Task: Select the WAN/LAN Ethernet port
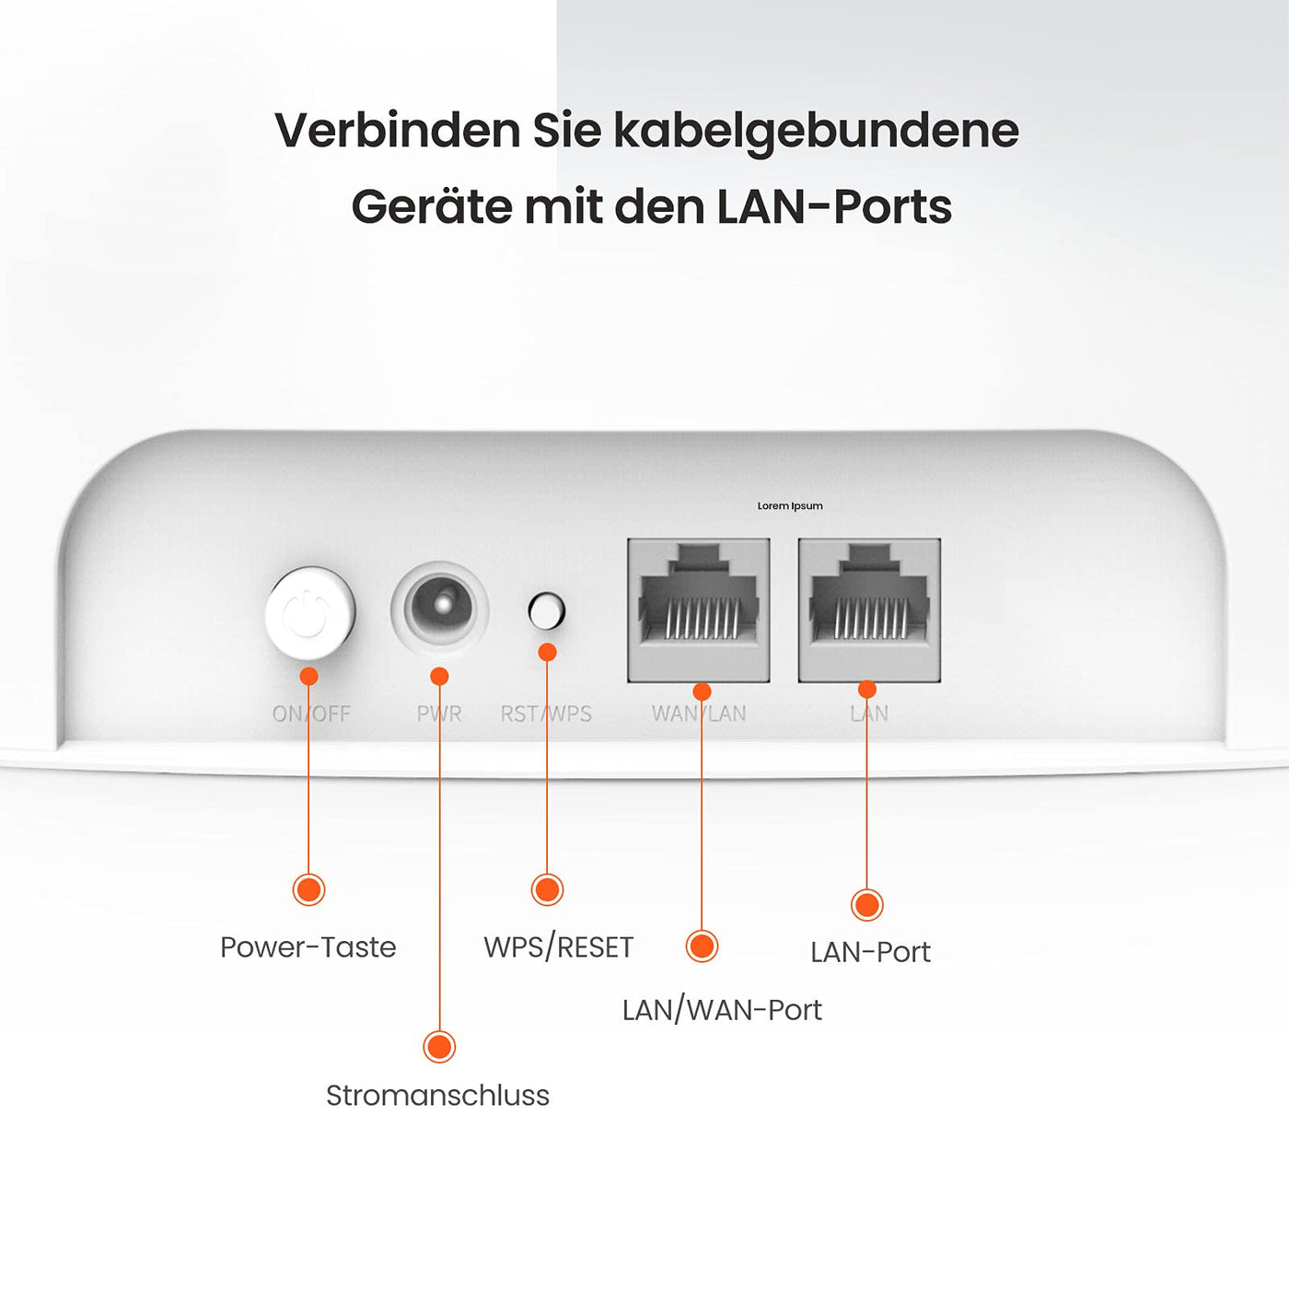tap(698, 610)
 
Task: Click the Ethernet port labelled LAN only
tap(869, 610)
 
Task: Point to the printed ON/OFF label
tap(311, 714)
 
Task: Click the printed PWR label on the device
tap(439, 714)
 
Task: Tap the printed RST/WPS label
tap(547, 714)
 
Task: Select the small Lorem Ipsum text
tap(790, 505)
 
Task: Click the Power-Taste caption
tap(308, 947)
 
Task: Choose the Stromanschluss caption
tap(437, 1096)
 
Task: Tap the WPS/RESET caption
tap(559, 947)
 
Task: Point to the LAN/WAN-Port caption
tap(722, 1010)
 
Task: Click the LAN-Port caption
tap(870, 952)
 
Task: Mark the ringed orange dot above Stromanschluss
tap(439, 1047)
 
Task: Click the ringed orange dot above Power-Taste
tap(309, 889)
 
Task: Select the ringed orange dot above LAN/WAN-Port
tap(702, 946)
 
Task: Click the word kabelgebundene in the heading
tap(816, 131)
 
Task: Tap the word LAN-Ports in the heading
tap(834, 207)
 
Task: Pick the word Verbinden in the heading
tap(398, 130)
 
